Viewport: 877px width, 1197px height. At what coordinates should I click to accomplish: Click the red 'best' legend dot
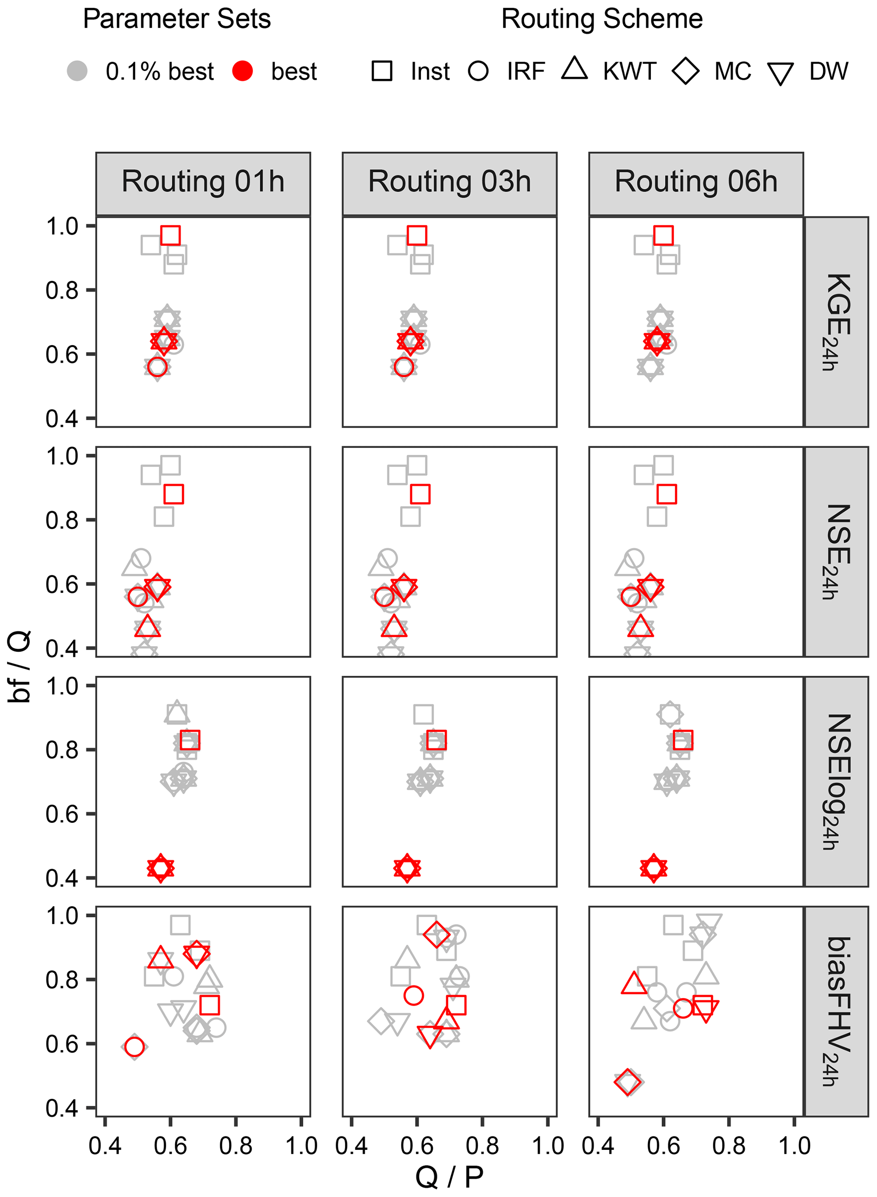[243, 70]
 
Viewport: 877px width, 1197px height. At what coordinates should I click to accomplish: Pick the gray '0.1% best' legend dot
[78, 70]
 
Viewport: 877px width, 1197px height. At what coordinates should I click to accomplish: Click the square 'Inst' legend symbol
[382, 70]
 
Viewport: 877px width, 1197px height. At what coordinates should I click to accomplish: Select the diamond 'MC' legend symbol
[685, 70]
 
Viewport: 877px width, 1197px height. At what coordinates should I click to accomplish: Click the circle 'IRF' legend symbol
[478, 70]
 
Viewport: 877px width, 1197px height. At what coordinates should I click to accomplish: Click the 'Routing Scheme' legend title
[602, 20]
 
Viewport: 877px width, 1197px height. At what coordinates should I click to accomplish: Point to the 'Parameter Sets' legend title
[177, 20]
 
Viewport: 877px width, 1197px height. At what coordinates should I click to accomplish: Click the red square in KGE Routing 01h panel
[171, 235]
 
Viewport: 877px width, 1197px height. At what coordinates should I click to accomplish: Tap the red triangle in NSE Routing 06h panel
[640, 627]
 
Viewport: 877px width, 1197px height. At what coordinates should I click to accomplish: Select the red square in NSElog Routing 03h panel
[436, 740]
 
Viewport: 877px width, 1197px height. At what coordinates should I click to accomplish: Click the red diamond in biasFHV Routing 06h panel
[628, 1081]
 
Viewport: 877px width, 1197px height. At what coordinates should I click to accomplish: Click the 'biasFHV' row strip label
[837, 1011]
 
